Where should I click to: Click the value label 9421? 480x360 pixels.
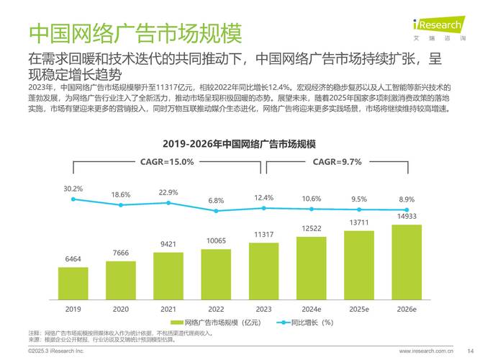(168, 244)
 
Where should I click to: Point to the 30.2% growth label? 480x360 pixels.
(73, 189)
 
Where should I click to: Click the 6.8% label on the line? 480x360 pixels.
(216, 200)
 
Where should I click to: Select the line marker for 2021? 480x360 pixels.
(168, 203)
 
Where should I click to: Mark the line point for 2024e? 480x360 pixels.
(312, 210)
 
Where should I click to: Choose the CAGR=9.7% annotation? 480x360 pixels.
(336, 162)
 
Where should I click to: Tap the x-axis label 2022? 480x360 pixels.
(216, 308)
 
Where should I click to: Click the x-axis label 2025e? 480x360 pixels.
(359, 308)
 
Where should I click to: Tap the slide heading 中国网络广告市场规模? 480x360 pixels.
(135, 32)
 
